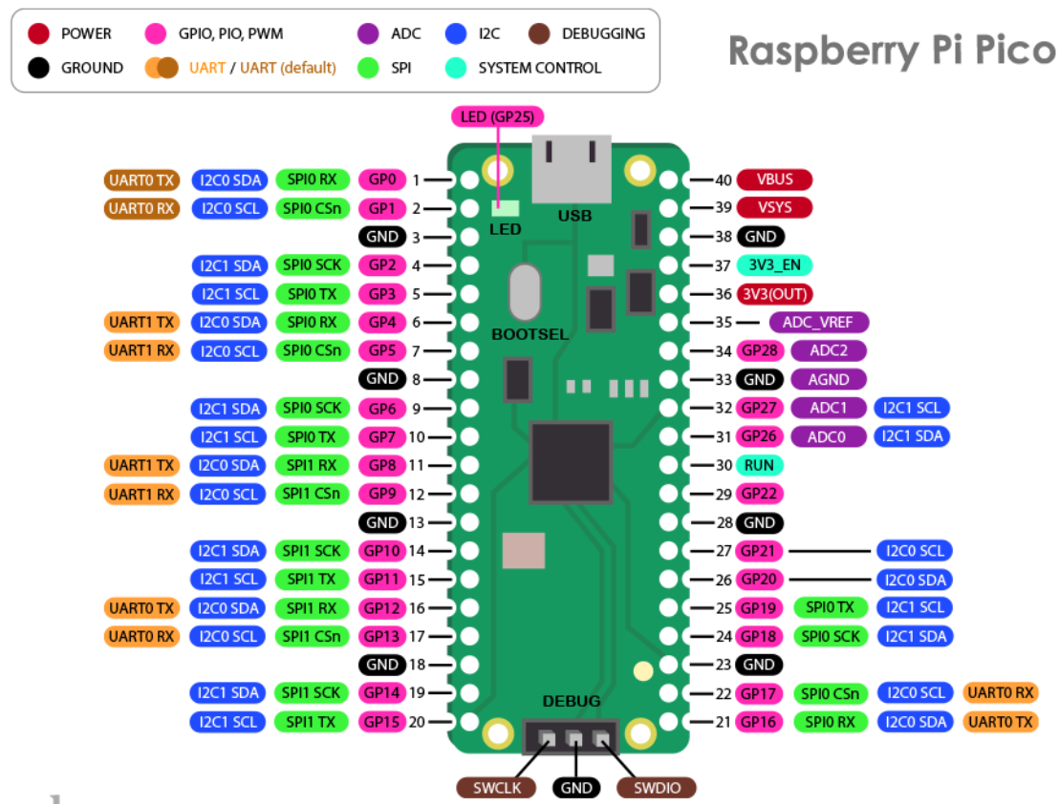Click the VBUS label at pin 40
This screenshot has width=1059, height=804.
coord(774,180)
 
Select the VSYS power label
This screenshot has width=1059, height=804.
coord(774,208)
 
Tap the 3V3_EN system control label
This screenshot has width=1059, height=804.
coord(775,264)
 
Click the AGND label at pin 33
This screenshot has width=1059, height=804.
coord(828,379)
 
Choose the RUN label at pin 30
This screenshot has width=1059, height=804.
coord(760,465)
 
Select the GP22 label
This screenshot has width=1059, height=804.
coord(760,494)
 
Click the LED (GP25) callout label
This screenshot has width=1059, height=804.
coord(497,116)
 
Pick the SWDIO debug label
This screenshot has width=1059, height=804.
coord(656,788)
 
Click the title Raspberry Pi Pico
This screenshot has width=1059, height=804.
coord(891,51)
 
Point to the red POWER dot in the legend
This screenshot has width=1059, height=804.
coord(39,34)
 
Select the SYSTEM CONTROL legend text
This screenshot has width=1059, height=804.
coord(539,68)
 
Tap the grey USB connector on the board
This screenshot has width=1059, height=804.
coord(571,170)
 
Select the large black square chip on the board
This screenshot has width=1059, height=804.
coord(572,462)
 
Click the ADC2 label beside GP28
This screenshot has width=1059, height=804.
coord(828,350)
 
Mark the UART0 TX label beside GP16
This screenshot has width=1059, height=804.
coord(1001,722)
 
